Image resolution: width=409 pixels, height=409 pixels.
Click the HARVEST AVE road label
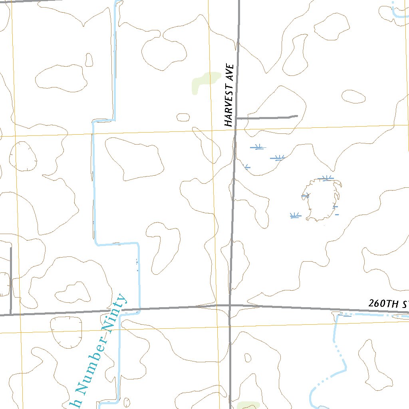[x=228, y=95]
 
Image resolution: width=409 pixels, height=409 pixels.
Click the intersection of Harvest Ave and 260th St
[x=230, y=306]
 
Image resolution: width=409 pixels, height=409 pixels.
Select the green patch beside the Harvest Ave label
[x=204, y=81]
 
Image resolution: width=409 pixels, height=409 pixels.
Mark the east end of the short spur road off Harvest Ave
[x=297, y=117]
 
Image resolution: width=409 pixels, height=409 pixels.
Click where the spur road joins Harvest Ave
[x=236, y=118]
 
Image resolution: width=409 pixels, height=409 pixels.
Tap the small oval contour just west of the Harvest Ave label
[x=183, y=117]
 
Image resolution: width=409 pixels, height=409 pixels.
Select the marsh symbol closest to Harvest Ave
[x=246, y=167]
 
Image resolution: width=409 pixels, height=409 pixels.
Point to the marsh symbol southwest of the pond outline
[x=295, y=216]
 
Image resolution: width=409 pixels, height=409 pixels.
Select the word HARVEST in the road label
[x=228, y=105]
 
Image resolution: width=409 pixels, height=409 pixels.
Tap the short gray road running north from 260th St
[x=11, y=280]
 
